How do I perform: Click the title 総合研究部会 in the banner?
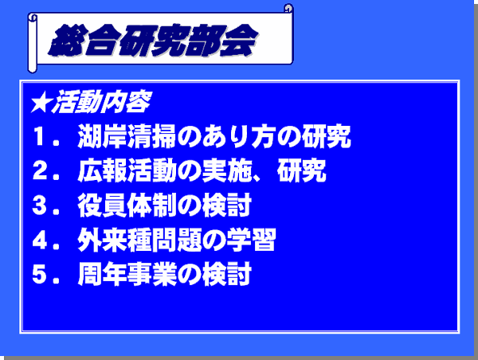point(153,41)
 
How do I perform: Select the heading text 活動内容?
point(101,102)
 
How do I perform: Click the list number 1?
point(39,136)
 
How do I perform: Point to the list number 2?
point(39,170)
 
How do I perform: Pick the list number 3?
point(39,205)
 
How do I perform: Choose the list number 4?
point(39,240)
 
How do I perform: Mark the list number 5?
point(39,274)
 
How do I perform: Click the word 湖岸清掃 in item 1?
point(127,136)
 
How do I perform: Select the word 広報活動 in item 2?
point(127,170)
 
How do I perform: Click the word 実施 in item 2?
point(226,170)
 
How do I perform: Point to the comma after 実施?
point(257,178)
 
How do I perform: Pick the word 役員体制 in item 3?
point(127,205)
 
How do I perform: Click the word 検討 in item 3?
point(226,205)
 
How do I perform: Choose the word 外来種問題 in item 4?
point(139,240)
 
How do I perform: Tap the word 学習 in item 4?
point(251,240)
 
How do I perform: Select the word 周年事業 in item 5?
point(127,274)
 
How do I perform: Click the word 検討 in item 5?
point(226,274)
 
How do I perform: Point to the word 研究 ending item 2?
point(301,170)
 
